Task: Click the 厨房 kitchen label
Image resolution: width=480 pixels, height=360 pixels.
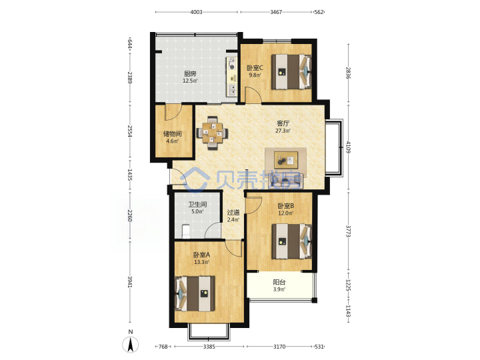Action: coord(190,73)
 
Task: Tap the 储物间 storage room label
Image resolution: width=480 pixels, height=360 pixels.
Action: coord(173,134)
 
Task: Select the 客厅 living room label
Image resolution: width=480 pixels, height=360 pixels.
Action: coord(283,123)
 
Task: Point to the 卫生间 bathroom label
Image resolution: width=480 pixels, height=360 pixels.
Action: coord(197,204)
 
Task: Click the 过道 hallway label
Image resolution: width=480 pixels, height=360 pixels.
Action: coord(233,212)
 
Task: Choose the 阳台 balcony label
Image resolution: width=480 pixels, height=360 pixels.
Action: coord(279,282)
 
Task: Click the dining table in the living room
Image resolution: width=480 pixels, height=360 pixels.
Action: coord(212,133)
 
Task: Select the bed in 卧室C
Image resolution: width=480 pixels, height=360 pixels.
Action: coord(291,72)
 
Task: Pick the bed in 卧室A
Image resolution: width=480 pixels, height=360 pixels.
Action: coord(195,293)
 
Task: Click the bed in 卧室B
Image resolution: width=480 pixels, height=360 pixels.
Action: coord(292,241)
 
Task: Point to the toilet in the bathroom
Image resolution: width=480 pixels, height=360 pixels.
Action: coord(186,231)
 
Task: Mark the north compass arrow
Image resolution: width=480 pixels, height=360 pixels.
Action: coord(131,344)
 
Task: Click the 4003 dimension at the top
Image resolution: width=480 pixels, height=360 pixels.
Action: coord(196,12)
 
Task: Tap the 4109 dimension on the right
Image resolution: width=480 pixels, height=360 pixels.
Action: coord(348,147)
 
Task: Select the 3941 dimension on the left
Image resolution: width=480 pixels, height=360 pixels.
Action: coord(130,281)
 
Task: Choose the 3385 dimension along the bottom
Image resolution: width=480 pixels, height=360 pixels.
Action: coord(209,347)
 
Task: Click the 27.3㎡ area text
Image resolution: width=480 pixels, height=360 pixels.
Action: coord(283,131)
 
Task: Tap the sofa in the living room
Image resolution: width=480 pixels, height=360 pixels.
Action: coord(285,181)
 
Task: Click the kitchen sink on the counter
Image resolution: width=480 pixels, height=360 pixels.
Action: coord(233,89)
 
